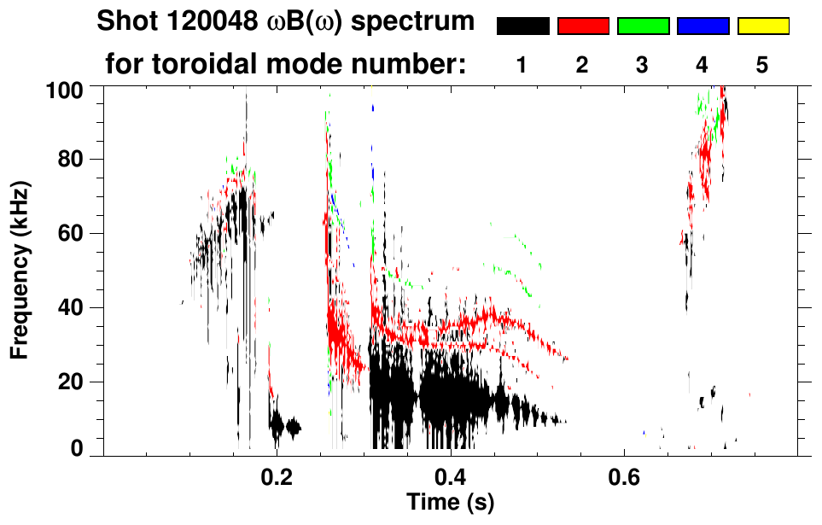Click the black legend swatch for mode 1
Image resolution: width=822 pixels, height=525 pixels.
click(523, 26)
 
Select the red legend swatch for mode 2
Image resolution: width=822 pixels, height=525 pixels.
click(583, 26)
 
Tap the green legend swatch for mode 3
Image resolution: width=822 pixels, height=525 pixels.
click(643, 26)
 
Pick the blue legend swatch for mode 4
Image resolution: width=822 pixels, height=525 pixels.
click(702, 26)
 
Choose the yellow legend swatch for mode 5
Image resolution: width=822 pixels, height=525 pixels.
click(763, 26)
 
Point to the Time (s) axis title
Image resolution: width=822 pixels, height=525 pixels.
click(450, 501)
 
